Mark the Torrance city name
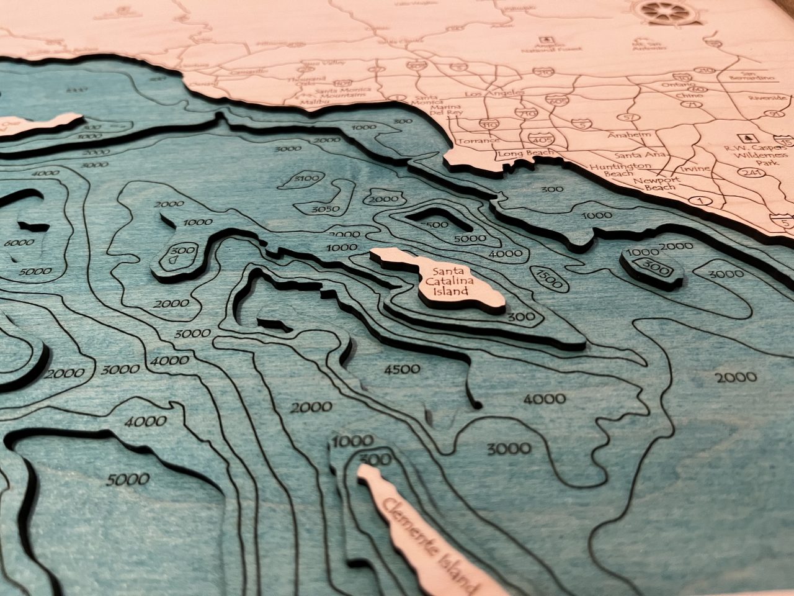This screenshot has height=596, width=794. tap(477, 140)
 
